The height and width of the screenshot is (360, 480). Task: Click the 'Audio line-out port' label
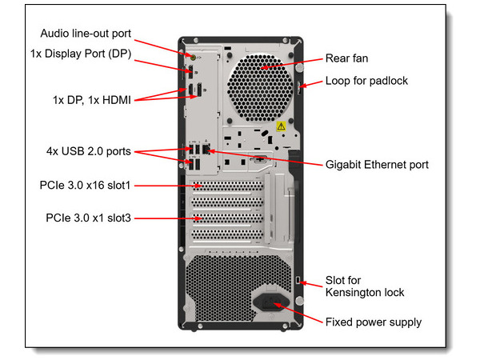[x=86, y=34]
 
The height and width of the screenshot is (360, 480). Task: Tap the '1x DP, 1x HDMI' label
[x=89, y=100]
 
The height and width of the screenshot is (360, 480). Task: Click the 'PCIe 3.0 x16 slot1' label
[x=85, y=186]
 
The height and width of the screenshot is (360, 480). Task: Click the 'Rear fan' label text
[x=346, y=58]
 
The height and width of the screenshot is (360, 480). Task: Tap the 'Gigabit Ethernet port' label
[x=377, y=164]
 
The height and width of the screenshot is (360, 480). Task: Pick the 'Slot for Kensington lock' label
[x=364, y=286]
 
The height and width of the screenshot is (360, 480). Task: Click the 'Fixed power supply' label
[x=373, y=322]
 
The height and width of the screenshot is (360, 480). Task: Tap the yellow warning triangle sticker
[x=281, y=126]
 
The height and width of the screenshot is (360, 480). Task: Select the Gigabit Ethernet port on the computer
[x=206, y=150]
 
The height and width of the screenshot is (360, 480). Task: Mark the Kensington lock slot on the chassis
[x=298, y=279]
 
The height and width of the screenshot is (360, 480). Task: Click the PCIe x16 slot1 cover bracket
[x=228, y=186]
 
